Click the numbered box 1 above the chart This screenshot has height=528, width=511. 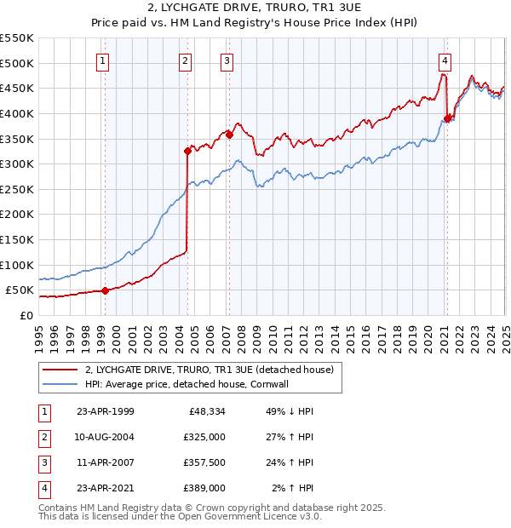point(102,60)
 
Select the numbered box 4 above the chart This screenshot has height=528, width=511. point(445,60)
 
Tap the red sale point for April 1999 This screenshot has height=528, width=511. point(105,290)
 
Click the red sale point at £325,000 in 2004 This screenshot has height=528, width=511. point(187,152)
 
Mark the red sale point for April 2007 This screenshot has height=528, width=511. point(229,135)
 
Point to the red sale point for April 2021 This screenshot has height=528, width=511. point(447,118)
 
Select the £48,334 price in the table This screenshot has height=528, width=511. point(205,411)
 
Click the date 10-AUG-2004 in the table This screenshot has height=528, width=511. point(105,437)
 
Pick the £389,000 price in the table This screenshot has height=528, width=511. point(205,488)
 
